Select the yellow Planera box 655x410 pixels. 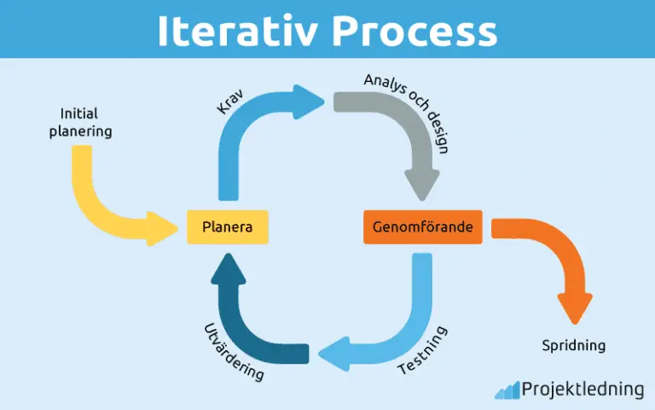[228, 227]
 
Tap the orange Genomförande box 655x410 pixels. [422, 227]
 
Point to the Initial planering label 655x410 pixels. [86, 123]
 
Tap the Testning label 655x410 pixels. [423, 351]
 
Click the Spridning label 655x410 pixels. [574, 346]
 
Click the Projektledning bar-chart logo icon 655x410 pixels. [507, 389]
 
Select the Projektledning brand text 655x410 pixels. [583, 389]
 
